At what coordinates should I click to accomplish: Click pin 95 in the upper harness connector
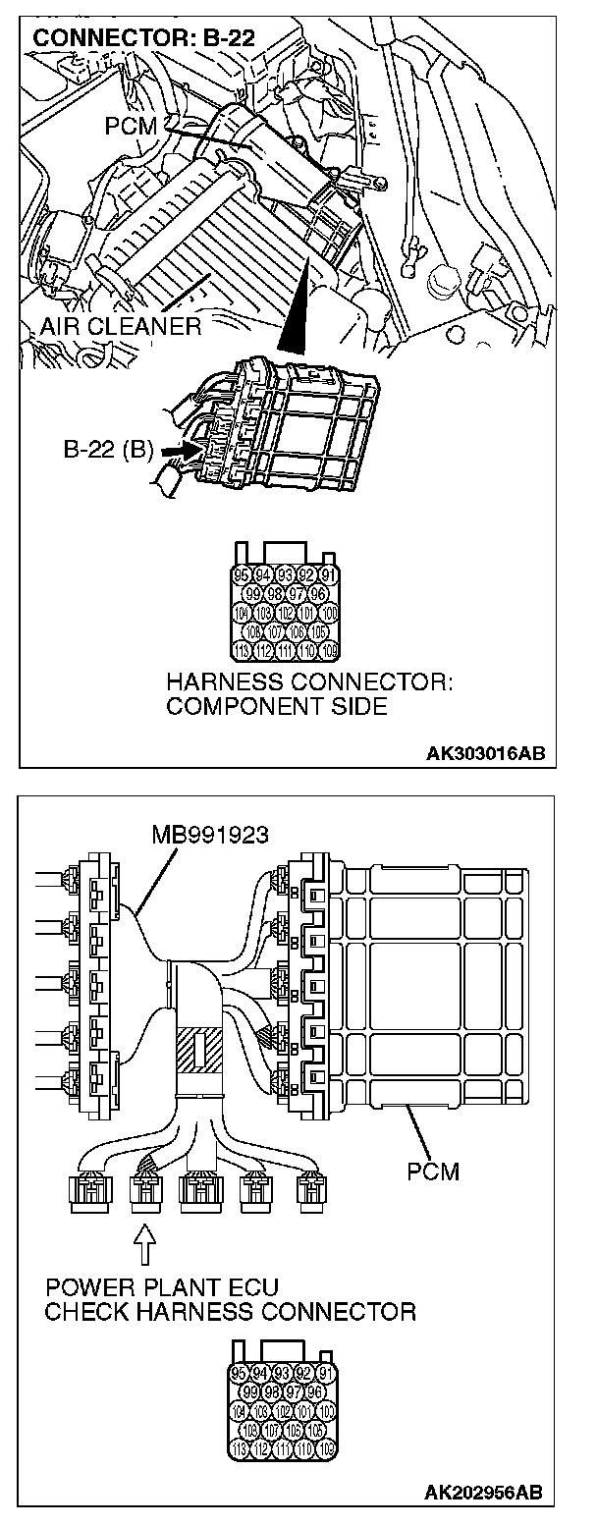pyautogui.click(x=242, y=576)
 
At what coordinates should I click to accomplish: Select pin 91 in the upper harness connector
pyautogui.click(x=329, y=576)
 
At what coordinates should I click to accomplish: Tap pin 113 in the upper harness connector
pyautogui.click(x=242, y=651)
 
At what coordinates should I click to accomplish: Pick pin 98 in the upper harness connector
pyautogui.click(x=274, y=595)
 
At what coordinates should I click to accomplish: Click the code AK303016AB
pyautogui.click(x=484, y=753)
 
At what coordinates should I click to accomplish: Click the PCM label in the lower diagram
pyautogui.click(x=433, y=1172)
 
